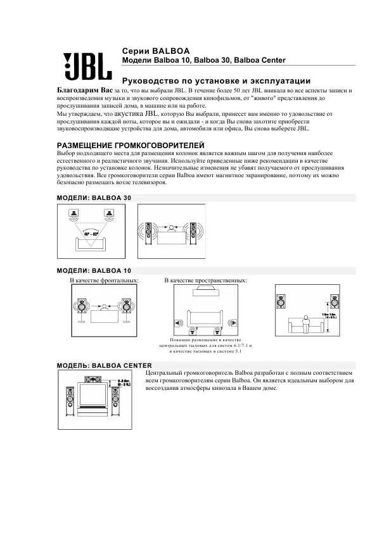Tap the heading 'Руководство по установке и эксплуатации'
click(216, 81)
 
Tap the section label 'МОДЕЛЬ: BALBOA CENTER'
click(105, 365)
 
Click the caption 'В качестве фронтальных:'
click(104, 280)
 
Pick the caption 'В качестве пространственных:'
click(206, 280)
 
